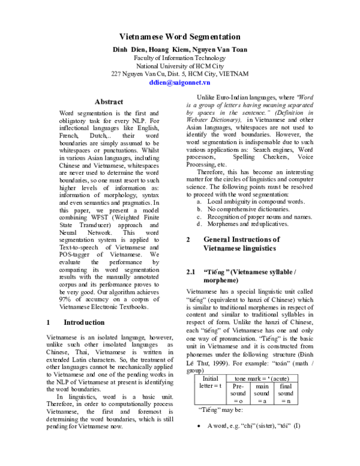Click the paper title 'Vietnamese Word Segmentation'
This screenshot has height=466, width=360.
click(x=180, y=37)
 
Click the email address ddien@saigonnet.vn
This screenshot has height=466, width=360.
click(x=180, y=83)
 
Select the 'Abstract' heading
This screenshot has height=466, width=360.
click(x=109, y=102)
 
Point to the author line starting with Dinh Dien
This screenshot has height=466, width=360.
click(x=180, y=48)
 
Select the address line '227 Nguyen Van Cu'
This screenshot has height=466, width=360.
click(x=180, y=74)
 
